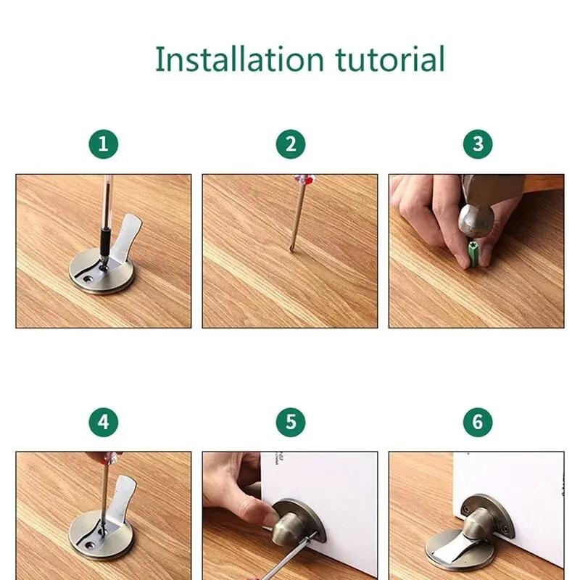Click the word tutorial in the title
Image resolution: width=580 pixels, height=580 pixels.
coord(389,59)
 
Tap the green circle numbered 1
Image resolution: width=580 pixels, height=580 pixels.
coord(104,144)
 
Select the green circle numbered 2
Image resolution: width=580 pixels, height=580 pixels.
coord(291,144)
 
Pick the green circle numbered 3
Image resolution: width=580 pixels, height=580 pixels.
coord(478,144)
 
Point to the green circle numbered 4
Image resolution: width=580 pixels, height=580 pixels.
coord(104,422)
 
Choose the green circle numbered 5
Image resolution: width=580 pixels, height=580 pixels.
coord(291,422)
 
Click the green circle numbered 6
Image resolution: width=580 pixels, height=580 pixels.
coord(478,422)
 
